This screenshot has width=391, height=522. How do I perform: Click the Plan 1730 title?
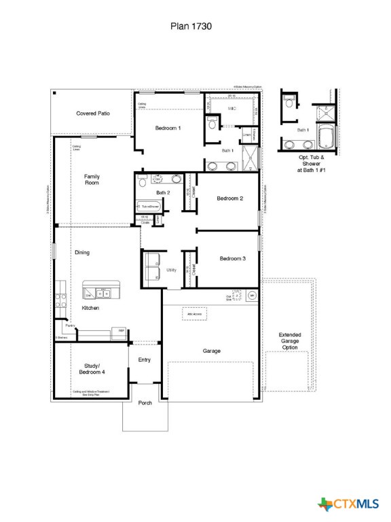191,27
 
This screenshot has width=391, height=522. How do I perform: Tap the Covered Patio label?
93,114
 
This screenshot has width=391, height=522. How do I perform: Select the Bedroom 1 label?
168,128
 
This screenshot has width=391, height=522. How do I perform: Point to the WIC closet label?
231,109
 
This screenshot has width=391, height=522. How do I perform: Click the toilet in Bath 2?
143,181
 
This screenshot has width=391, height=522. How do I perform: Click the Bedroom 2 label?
230,198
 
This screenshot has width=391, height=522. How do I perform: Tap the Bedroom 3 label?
232,258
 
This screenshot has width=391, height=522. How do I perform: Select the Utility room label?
171,270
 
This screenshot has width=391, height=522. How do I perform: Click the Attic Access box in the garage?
195,314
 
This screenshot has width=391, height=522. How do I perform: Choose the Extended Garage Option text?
289,341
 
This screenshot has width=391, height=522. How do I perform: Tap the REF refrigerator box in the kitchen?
121,331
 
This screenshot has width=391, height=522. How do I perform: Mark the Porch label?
145,403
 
